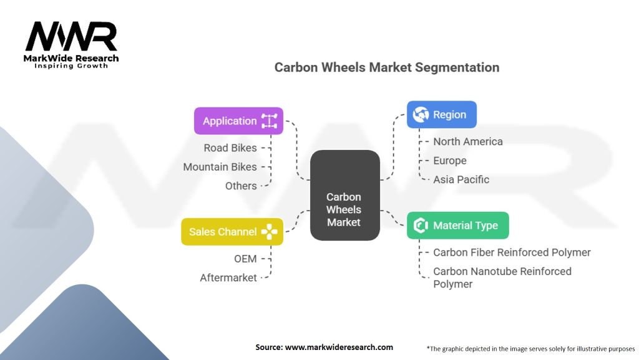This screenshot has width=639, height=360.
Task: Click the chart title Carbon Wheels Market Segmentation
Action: pyautogui.click(x=387, y=67)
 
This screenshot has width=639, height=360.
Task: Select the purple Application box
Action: pyautogui.click(x=238, y=121)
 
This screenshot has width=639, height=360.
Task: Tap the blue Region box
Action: pyautogui.click(x=442, y=114)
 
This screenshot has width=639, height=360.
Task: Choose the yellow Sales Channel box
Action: pyautogui.click(x=232, y=232)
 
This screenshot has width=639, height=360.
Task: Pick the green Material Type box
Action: pyautogui.click(x=457, y=226)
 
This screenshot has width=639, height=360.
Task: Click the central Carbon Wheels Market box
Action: pyautogui.click(x=344, y=209)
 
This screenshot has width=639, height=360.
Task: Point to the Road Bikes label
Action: pyautogui.click(x=230, y=148)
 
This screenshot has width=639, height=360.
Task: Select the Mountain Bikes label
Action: pyautogui.click(x=220, y=167)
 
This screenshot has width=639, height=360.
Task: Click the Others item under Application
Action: pyautogui.click(x=241, y=186)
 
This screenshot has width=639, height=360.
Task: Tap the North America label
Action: pyautogui.click(x=467, y=142)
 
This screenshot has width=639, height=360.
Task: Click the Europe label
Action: pyautogui.click(x=450, y=161)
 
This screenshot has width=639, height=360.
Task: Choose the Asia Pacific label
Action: pyautogui.click(x=461, y=179)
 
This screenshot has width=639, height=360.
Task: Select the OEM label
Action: pyautogui.click(x=245, y=259)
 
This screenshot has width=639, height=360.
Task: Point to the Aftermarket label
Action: pyautogui.click(x=228, y=277)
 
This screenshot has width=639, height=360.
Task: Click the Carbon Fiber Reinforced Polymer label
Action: pyautogui.click(x=512, y=252)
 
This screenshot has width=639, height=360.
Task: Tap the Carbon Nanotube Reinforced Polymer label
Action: pyautogui.click(x=502, y=277)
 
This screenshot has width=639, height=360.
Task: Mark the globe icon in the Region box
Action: pyautogui.click(x=421, y=114)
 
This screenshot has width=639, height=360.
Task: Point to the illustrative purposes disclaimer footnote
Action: pyautogui.click(x=530, y=348)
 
